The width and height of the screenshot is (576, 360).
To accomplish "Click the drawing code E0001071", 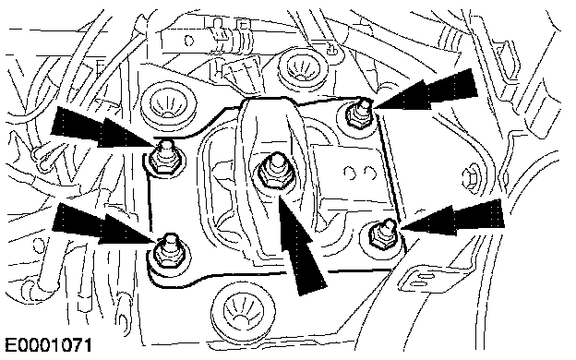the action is click(49, 346).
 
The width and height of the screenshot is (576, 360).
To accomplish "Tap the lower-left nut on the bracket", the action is click(169, 251).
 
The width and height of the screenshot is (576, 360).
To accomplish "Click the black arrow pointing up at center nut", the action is click(300, 243).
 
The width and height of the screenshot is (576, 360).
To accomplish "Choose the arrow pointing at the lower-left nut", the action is click(103, 224).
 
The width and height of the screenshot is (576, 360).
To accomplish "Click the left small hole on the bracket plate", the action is click(352, 174).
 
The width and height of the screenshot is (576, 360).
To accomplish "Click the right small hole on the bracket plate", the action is click(370, 174).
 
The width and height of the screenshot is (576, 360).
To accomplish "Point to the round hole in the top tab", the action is click(189, 40).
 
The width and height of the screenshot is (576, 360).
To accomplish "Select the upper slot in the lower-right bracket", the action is click(426, 275).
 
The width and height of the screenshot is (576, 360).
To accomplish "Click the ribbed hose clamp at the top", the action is click(239, 39).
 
